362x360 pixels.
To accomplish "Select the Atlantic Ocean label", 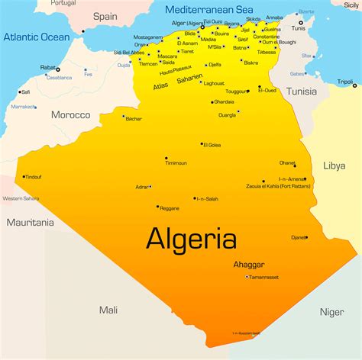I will pos(36,37).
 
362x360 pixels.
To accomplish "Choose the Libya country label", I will pos(335,165).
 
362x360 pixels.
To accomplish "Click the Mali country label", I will pos(108,309).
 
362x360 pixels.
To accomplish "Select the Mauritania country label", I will pos(31,223).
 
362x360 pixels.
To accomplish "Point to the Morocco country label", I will pos(70,114).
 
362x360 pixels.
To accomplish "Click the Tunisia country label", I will pos(301,92).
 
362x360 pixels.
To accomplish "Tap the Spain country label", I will pos(105,16).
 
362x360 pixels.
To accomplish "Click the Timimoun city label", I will pos(176,163).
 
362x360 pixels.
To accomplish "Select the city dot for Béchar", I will pos(123,117).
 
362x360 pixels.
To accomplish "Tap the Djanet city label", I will pos(299,238).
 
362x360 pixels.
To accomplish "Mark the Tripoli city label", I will pos(346,82).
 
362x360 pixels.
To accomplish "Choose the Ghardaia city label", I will pos(224,101).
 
